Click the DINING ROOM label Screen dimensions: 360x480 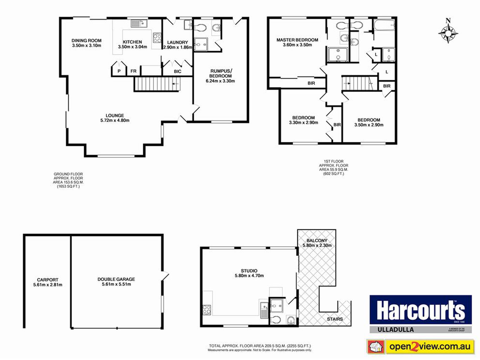click(86, 40)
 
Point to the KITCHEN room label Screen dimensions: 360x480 click(132, 42)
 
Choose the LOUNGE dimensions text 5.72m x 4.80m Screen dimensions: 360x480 click(115, 121)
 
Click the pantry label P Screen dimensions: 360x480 click(119, 71)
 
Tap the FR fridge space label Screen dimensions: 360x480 click(133, 71)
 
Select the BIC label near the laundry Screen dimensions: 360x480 click(178, 71)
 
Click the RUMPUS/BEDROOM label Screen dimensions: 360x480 click(220, 73)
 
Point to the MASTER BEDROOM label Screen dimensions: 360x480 click(297, 40)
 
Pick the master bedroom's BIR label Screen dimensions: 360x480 click(311, 83)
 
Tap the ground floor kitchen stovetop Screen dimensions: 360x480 click(157, 38)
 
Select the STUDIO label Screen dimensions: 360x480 click(249, 271)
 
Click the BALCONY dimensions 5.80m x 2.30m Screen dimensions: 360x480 click(317, 245)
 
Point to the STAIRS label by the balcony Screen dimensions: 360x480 click(335, 319)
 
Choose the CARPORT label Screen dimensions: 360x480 click(47, 280)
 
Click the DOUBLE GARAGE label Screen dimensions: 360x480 click(116, 279)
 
